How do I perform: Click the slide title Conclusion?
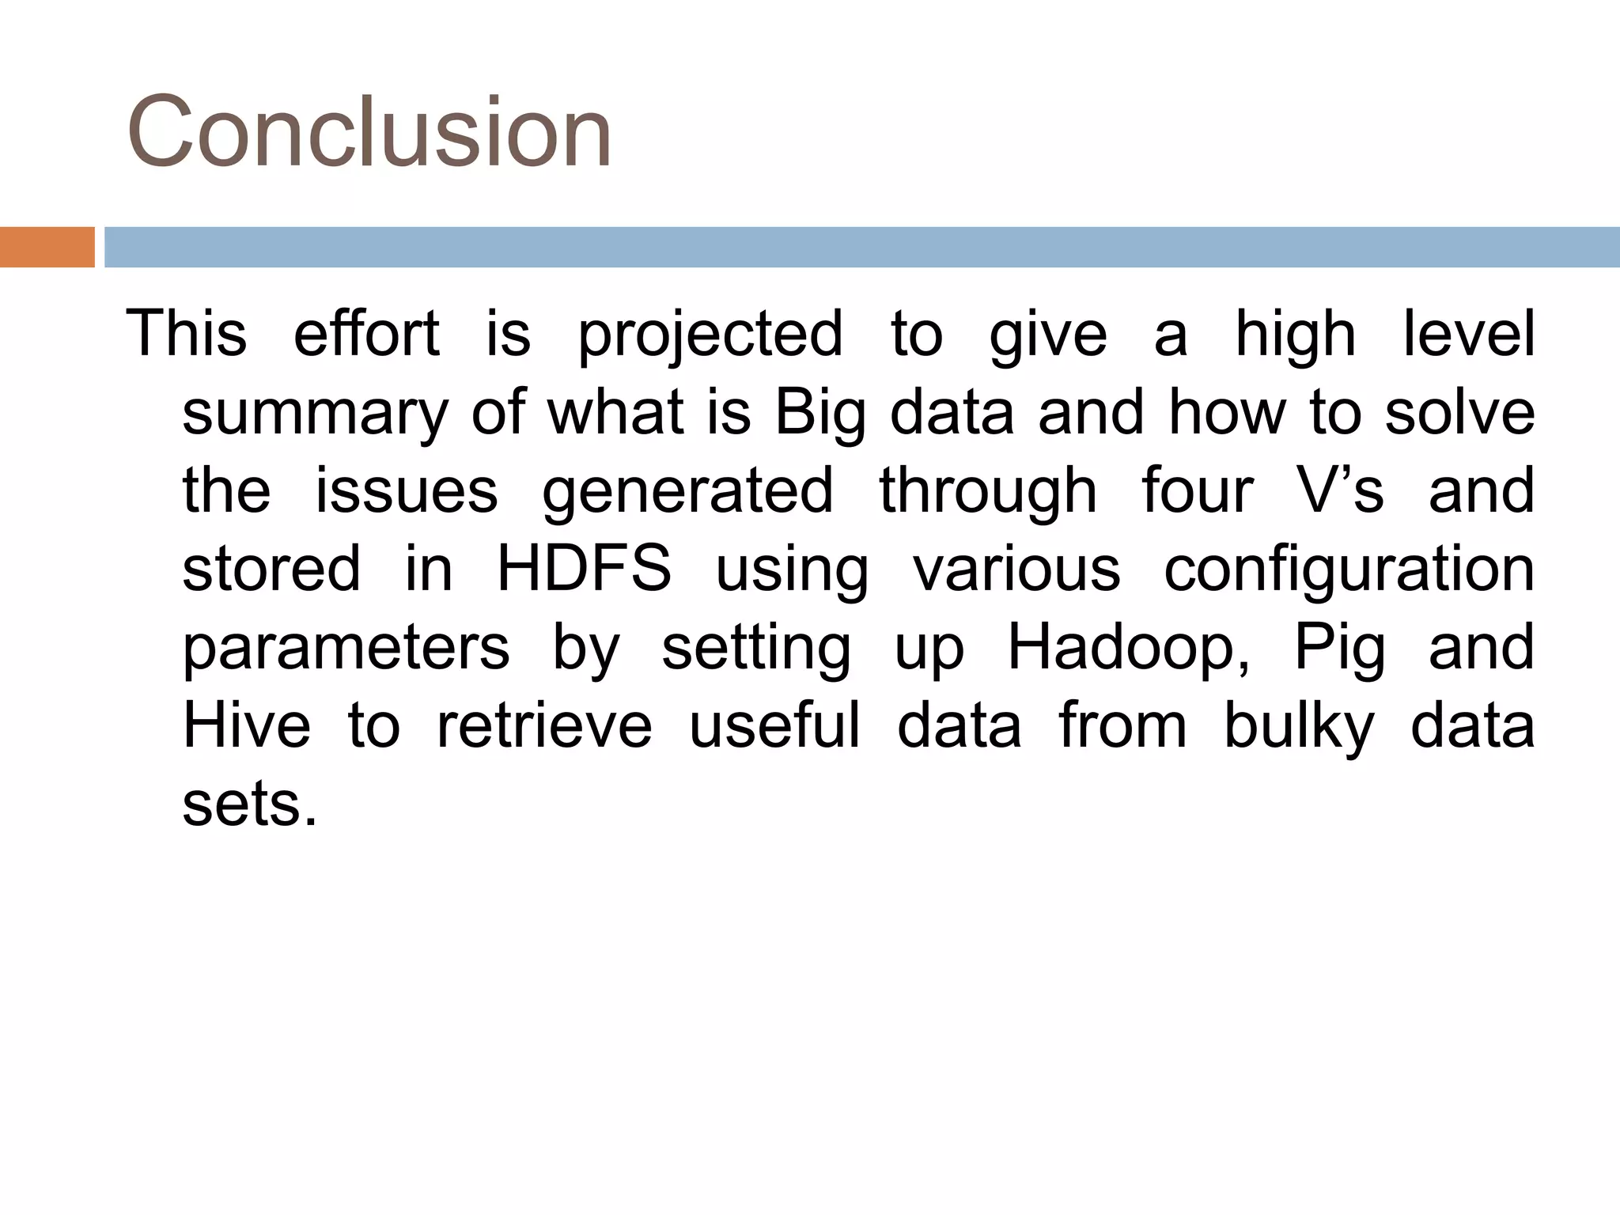point(369,131)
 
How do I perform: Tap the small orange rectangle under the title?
point(47,247)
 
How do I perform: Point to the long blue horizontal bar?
point(861,247)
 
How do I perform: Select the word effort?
point(366,333)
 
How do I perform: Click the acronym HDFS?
point(584,569)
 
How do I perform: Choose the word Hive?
point(246,725)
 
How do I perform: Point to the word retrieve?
point(544,725)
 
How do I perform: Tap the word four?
point(1198,490)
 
